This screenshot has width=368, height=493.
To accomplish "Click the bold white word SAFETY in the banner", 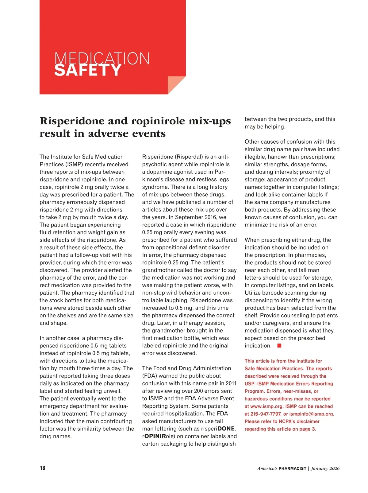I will (88, 70).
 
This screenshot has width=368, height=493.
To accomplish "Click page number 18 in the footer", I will (42, 468).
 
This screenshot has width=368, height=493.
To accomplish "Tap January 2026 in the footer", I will (325, 468).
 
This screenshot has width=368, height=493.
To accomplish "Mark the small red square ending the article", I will (279, 346).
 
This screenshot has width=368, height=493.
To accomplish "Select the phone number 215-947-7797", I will (266, 414).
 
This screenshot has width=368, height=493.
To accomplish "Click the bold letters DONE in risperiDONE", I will (226, 429).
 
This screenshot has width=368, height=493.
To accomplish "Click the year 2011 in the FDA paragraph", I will (231, 383).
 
